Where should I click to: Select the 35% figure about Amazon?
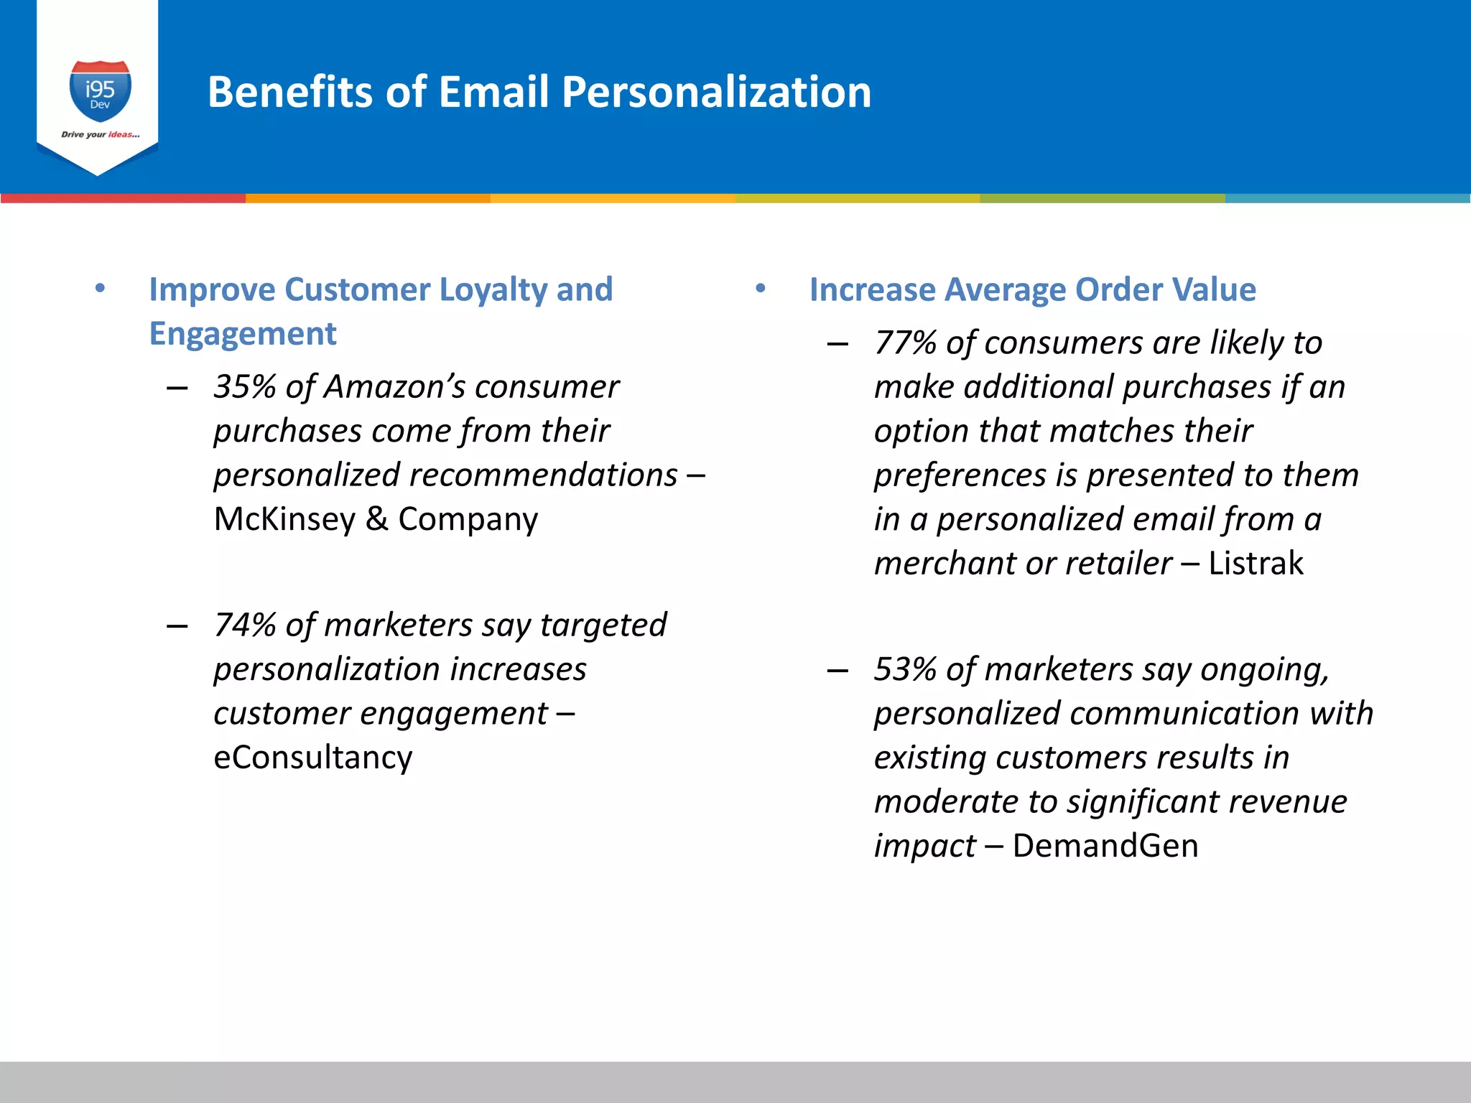click(x=244, y=387)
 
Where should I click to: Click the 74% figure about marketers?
click(x=244, y=625)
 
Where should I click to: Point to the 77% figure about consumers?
click(x=905, y=343)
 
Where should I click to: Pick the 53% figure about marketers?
click(x=905, y=669)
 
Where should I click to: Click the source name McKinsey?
click(x=284, y=519)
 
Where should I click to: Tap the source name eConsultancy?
click(x=313, y=758)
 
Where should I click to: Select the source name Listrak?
click(x=1256, y=564)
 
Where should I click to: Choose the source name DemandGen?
click(x=1105, y=846)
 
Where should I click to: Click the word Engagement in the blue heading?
click(x=243, y=334)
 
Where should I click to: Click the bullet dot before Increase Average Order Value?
click(x=761, y=289)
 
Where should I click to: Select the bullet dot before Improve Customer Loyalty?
click(x=100, y=289)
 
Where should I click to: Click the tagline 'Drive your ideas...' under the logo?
click(x=101, y=134)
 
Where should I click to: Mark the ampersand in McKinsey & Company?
click(x=376, y=519)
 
